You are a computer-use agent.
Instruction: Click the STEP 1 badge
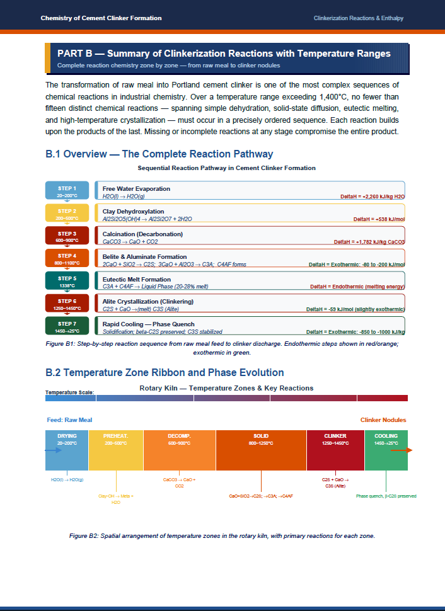point(67,191)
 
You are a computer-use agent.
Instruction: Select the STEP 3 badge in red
point(67,236)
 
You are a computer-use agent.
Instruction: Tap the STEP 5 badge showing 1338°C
point(67,281)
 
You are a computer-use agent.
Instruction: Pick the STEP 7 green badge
point(67,326)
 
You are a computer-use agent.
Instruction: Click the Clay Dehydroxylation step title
point(133,211)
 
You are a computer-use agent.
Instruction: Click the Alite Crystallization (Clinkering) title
point(147,302)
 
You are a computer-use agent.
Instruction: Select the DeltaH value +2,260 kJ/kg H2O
point(372,197)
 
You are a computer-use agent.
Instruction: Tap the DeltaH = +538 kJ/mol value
point(378,219)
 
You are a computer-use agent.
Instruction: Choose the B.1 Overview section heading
point(159,154)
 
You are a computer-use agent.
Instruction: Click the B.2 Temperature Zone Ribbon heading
point(165,373)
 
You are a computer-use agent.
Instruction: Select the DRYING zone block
point(67,450)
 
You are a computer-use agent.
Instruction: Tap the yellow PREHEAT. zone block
point(116,450)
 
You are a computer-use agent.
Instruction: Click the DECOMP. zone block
point(180,450)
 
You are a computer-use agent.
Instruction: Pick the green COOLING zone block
point(386,450)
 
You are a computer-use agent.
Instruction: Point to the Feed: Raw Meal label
point(69,420)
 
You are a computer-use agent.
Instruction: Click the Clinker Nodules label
point(383,420)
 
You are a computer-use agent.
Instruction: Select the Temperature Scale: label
point(69,392)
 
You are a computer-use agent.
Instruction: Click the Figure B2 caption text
point(222,536)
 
